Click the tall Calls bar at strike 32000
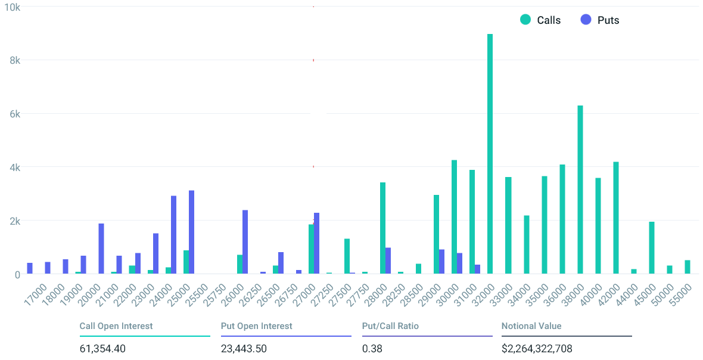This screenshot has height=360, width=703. (x=490, y=154)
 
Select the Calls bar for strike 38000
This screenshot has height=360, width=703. (x=580, y=190)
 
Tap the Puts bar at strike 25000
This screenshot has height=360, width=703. (x=191, y=232)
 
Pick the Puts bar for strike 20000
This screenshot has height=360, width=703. (x=101, y=249)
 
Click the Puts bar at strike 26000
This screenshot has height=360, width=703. (x=245, y=242)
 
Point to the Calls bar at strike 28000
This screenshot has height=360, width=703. (x=383, y=228)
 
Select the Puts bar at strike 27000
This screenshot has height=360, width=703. (x=316, y=243)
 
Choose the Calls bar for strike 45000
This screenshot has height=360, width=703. (x=652, y=248)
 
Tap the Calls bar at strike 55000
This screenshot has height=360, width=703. (x=688, y=267)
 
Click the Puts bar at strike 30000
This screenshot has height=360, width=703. (x=459, y=263)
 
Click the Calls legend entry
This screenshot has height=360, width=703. (x=540, y=20)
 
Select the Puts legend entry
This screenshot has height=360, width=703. (x=600, y=20)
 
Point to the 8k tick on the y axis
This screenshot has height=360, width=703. (x=15, y=61)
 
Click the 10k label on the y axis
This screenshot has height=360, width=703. (x=12, y=7)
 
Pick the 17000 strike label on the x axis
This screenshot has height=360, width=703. (x=35, y=294)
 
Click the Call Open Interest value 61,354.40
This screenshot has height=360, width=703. (x=102, y=348)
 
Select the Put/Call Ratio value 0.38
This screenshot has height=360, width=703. (x=372, y=348)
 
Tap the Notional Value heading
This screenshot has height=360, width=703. (x=531, y=326)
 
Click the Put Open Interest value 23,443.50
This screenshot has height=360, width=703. (x=244, y=348)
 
